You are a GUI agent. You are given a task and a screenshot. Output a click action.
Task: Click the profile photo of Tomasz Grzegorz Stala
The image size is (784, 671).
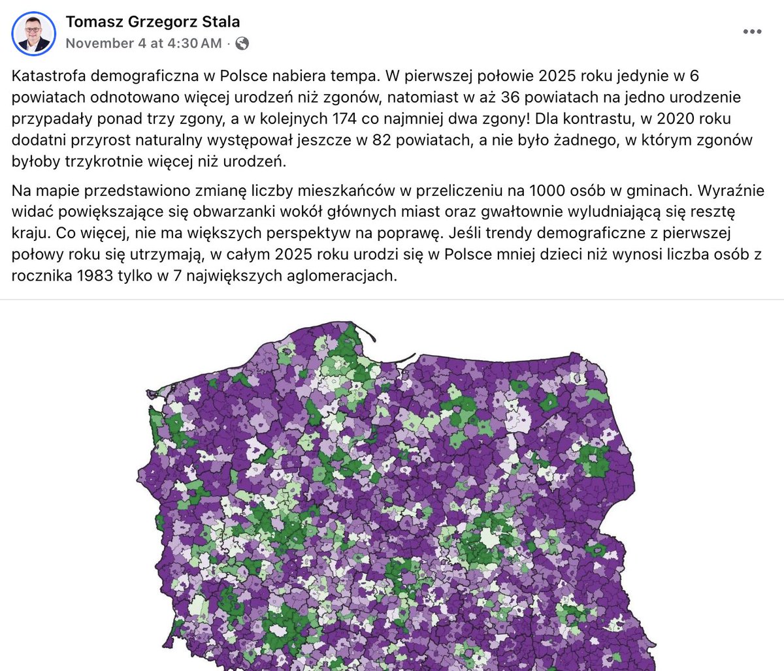coord(33,33)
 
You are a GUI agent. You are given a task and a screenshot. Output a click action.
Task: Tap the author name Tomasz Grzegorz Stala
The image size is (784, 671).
coord(153,22)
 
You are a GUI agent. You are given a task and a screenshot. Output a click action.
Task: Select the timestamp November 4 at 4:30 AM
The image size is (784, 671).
coord(144,43)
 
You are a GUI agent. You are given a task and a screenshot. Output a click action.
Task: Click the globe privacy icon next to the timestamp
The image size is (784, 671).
coord(242,44)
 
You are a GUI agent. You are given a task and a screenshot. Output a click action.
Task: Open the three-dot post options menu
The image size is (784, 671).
coord(752,32)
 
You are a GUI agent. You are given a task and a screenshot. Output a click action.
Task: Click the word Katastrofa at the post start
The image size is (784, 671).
coord(48,76)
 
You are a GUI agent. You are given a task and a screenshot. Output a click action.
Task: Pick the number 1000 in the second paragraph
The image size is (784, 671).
coord(550,191)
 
